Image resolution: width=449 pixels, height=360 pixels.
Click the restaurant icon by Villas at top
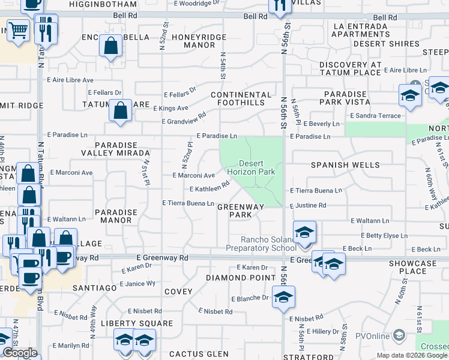[x=279, y=6]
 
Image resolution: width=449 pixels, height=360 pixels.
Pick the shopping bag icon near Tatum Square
[x=121, y=111]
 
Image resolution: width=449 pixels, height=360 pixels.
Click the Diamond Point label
[x=235, y=278]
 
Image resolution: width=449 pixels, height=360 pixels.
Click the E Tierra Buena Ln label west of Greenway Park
[x=188, y=203]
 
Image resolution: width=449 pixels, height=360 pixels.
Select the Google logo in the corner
[x=20, y=353]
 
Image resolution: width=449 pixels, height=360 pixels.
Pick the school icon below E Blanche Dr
[x=283, y=297]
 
